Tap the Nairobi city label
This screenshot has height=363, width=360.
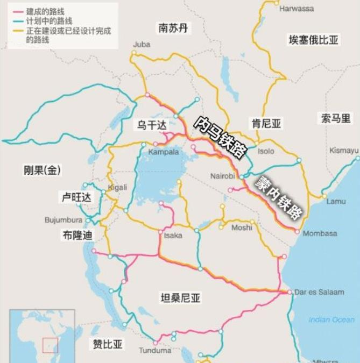pos(223,175)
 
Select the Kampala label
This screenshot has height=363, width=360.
pos(163,152)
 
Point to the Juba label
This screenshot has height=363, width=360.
pos(142,44)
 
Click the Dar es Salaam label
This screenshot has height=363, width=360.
pos(319,292)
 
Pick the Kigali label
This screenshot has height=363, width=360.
pos(117,187)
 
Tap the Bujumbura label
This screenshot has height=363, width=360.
pos(63,220)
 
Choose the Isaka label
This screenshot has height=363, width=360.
pos(173,235)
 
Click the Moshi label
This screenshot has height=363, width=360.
pos(241,227)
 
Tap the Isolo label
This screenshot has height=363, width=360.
pos(266,151)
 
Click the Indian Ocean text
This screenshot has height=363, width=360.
pos(331,319)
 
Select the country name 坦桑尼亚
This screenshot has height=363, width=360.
pos(180,297)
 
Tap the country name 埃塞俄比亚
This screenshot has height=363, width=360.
pos(314,39)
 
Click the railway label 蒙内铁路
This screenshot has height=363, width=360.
pos(279,197)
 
